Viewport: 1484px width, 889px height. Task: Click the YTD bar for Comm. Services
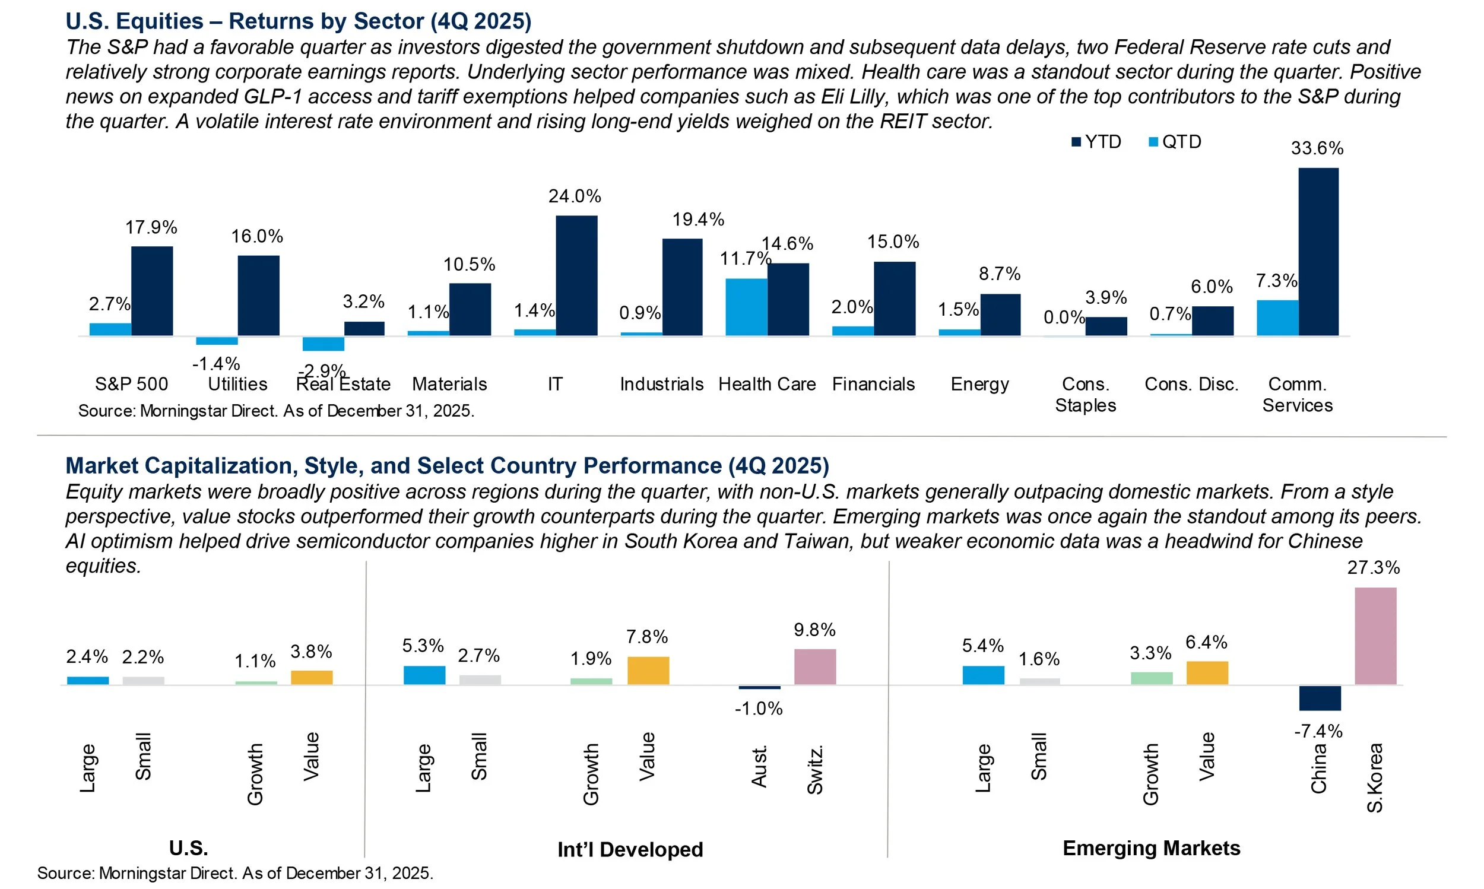pyautogui.click(x=1318, y=252)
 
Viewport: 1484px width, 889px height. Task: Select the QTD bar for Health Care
pyautogui.click(x=746, y=307)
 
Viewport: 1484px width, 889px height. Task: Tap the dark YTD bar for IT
pyautogui.click(x=576, y=275)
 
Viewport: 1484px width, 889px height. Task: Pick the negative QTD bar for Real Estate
pyautogui.click(x=323, y=344)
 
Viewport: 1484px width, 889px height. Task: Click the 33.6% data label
pyautogui.click(x=1317, y=148)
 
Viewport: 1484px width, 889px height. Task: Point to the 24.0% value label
pyautogui.click(x=575, y=196)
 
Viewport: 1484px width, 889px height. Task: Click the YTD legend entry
pyautogui.click(x=1096, y=142)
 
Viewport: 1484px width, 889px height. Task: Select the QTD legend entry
pyautogui.click(x=1175, y=142)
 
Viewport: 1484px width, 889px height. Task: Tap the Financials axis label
pyautogui.click(x=873, y=384)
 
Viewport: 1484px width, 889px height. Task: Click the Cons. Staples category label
pyautogui.click(x=1085, y=394)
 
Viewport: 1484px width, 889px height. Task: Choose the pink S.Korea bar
pyautogui.click(x=1375, y=636)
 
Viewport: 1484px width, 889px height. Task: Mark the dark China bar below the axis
pyautogui.click(x=1319, y=698)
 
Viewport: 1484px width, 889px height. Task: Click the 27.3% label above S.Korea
pyautogui.click(x=1373, y=567)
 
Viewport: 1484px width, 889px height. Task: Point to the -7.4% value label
pyautogui.click(x=1318, y=731)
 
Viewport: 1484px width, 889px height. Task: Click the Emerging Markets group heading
pyautogui.click(x=1151, y=848)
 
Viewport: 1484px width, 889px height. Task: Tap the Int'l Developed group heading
pyautogui.click(x=630, y=849)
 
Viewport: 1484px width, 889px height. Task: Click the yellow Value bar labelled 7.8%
pyautogui.click(x=648, y=671)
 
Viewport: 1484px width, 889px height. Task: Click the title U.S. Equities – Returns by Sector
pyautogui.click(x=299, y=21)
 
